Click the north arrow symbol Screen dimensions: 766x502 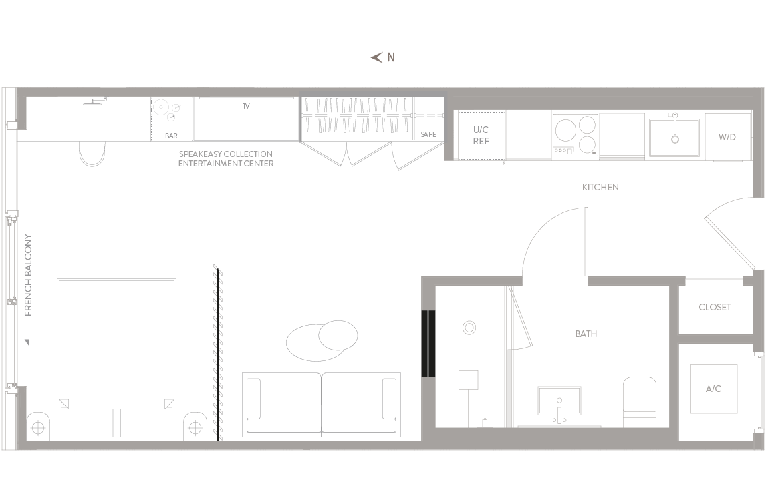click(376, 58)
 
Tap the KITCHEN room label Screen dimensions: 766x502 click(600, 187)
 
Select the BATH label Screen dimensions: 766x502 click(586, 334)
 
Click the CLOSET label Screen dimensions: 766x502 click(715, 307)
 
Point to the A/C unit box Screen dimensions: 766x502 click(714, 389)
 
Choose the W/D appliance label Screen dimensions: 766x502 click(727, 137)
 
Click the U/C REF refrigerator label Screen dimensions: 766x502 click(481, 135)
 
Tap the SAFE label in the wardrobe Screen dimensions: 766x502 click(428, 134)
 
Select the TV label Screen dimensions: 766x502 click(246, 106)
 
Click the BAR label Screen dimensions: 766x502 click(171, 136)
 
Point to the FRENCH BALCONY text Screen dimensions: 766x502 click(28, 275)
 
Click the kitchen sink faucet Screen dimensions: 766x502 click(674, 128)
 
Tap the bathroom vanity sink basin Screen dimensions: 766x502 click(559, 401)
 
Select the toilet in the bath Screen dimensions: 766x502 click(640, 401)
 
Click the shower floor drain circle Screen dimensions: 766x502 click(469, 328)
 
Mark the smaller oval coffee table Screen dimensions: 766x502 click(338, 335)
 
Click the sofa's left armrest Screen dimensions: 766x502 click(254, 398)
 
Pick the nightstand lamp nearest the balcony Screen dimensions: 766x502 click(38, 427)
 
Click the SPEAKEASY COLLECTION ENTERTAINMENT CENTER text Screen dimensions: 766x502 click(226, 159)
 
